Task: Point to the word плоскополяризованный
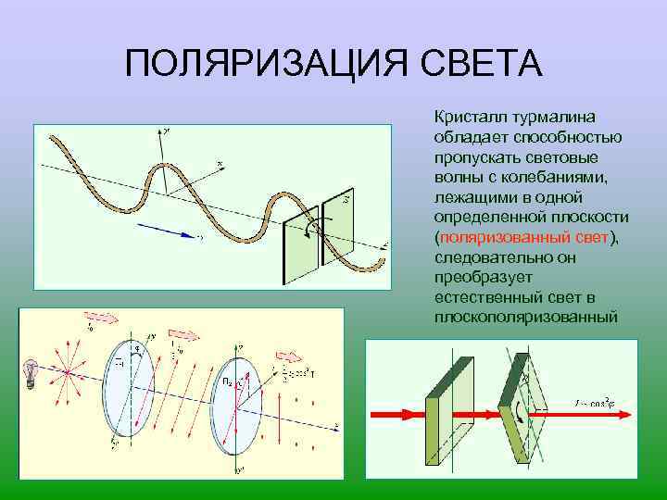pos(524,317)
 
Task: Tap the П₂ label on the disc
pos(227,381)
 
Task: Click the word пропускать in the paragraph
pos(472,156)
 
